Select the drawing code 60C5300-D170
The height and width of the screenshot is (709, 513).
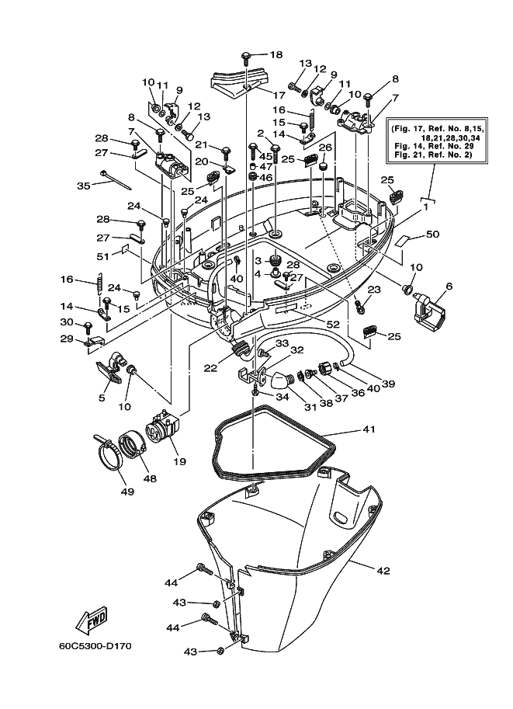pos(95,646)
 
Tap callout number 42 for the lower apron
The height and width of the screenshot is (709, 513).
pos(383,571)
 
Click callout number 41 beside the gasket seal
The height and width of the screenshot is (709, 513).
pos(369,429)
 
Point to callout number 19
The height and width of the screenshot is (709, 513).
pos(180,461)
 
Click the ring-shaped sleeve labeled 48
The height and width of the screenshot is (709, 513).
pos(132,443)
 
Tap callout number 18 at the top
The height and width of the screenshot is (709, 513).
pos(276,54)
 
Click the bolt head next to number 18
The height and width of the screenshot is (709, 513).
pos(246,57)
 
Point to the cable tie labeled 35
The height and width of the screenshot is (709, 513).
pos(116,180)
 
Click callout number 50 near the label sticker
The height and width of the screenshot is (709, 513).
pos(432,235)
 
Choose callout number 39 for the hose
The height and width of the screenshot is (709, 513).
pos(388,384)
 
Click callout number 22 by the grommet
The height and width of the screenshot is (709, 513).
pos(210,369)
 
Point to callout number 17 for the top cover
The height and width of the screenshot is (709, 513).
pos(279,96)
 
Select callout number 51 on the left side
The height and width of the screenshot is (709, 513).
pos(103,256)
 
